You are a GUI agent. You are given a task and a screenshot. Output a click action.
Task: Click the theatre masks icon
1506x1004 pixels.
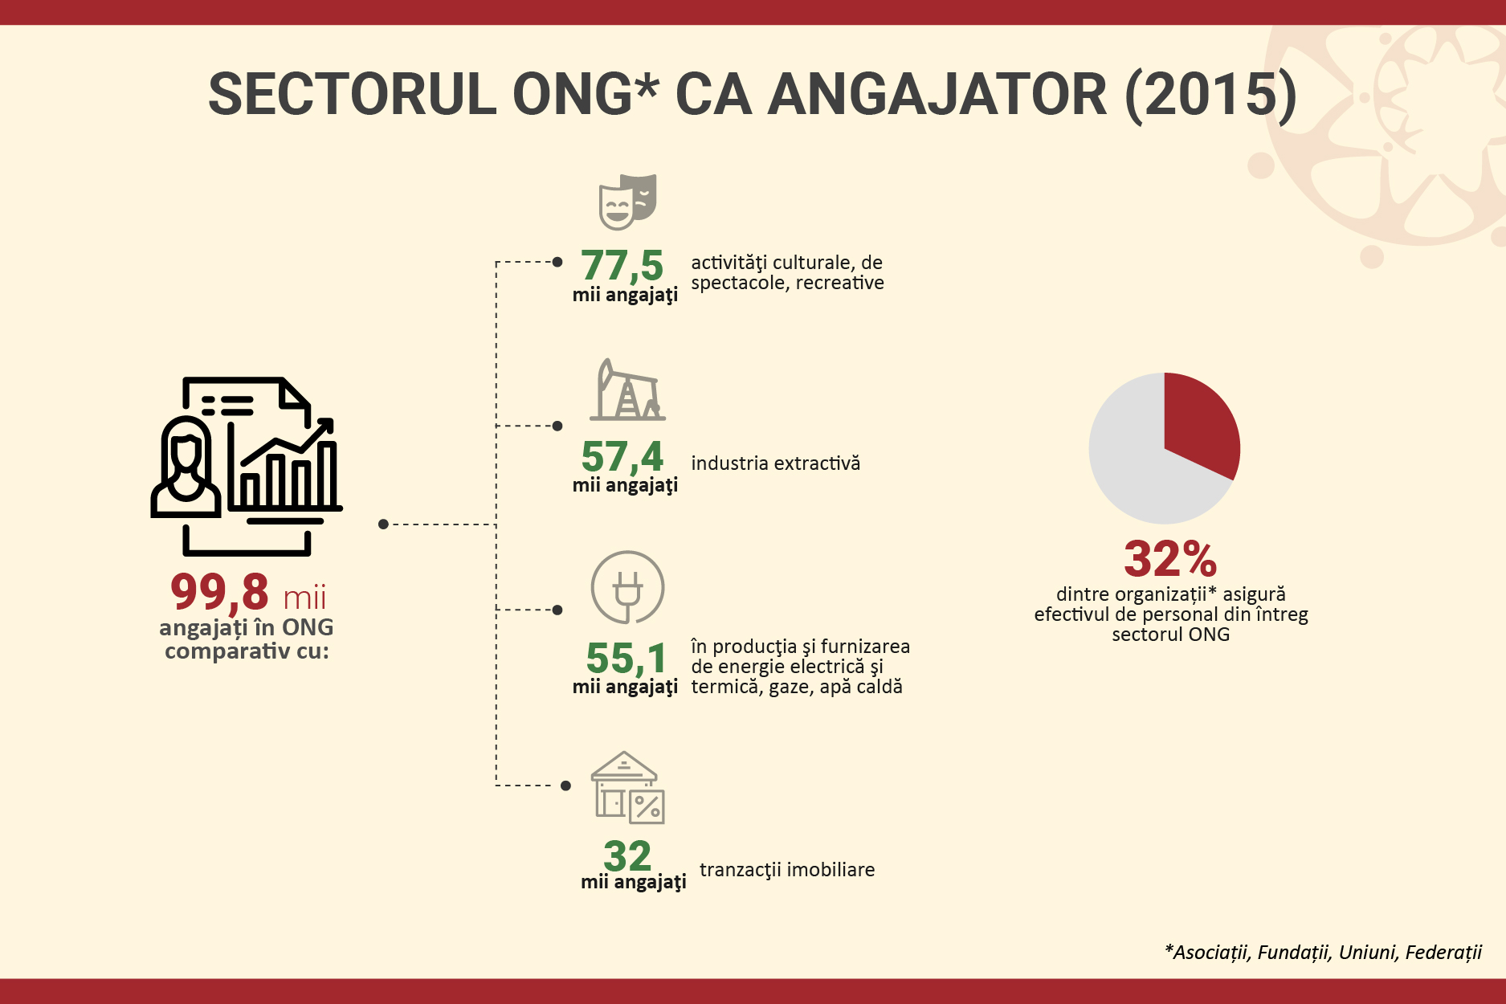pos(628,202)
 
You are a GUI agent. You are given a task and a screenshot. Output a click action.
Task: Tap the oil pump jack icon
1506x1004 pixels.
pos(627,390)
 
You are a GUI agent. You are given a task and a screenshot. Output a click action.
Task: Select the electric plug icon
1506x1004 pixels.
pos(627,587)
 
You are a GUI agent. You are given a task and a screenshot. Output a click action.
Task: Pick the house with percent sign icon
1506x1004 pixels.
pos(627,788)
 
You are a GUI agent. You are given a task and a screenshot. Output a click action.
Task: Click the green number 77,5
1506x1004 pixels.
pos(622,266)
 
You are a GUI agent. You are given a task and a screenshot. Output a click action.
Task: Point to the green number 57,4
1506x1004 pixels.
pos(622,456)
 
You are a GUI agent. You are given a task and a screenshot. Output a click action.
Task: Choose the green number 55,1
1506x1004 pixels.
pos(626,659)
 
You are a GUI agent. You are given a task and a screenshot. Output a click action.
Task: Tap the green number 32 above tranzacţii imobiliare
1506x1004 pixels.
pos(627,855)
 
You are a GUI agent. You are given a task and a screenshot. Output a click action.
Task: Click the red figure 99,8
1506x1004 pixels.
pos(219,593)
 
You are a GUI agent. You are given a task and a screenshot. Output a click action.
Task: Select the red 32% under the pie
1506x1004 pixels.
pos(1170,558)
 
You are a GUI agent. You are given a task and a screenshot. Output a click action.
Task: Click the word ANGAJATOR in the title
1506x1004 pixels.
pos(937,94)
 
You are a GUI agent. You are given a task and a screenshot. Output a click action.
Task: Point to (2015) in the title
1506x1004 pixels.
pos(1210,95)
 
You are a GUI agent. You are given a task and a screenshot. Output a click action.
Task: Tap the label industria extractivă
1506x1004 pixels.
pos(775,463)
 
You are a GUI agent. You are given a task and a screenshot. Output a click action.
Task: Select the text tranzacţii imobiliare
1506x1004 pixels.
pos(787,870)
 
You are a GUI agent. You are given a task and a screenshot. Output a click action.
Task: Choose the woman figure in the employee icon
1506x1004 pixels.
pos(186,467)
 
